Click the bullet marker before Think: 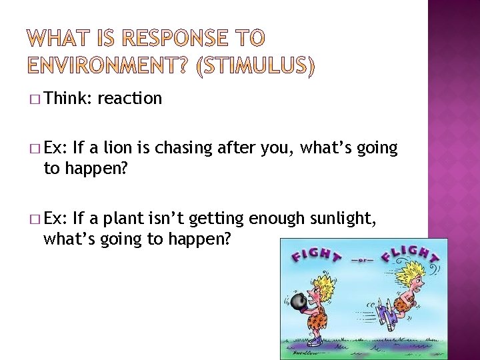click(x=35, y=99)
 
